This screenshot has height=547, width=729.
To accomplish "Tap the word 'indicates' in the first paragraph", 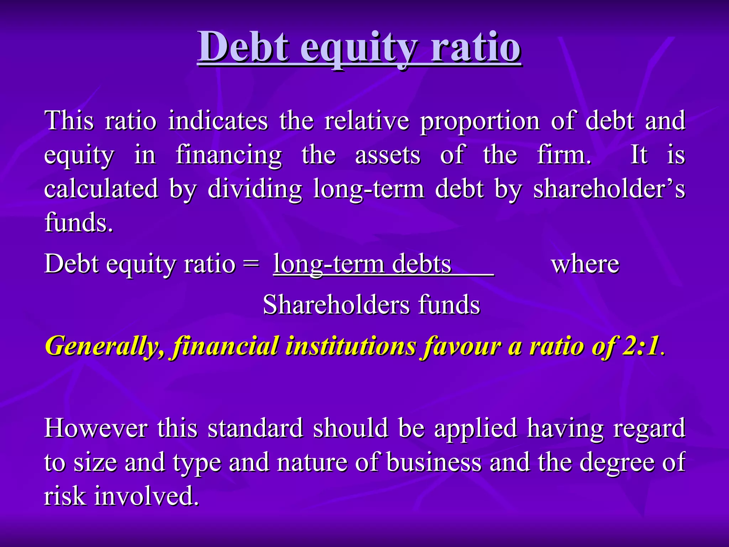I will point(218,121).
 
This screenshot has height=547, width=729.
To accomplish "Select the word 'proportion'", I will point(480,121).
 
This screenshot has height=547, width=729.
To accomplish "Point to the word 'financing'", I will point(229,155).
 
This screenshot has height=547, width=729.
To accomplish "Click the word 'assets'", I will point(388,155).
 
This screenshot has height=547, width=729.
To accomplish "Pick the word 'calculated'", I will point(101,188).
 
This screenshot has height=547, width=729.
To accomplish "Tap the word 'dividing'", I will point(255,189).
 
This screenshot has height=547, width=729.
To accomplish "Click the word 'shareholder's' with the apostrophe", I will point(609,188).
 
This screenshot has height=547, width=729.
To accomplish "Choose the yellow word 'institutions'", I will point(351,346).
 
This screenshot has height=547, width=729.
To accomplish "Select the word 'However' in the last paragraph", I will point(96,428).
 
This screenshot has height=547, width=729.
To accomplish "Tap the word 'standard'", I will point(255,428).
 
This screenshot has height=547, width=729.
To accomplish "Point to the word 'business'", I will point(434,462).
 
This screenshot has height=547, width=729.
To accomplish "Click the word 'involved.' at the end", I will point(146,496).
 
